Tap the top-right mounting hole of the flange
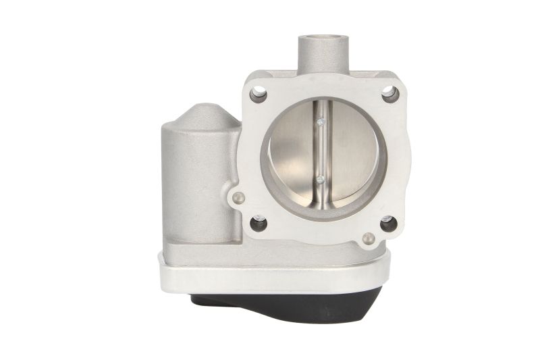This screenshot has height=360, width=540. (x=389, y=95)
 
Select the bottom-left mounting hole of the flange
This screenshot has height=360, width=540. (x=259, y=224)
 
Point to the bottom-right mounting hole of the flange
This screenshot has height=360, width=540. (x=388, y=224)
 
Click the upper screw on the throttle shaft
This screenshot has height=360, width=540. (x=321, y=122)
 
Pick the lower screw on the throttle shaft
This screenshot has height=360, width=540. (x=321, y=180)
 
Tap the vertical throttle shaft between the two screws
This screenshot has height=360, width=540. (x=321, y=151)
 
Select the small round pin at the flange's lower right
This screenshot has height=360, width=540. (x=368, y=238)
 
